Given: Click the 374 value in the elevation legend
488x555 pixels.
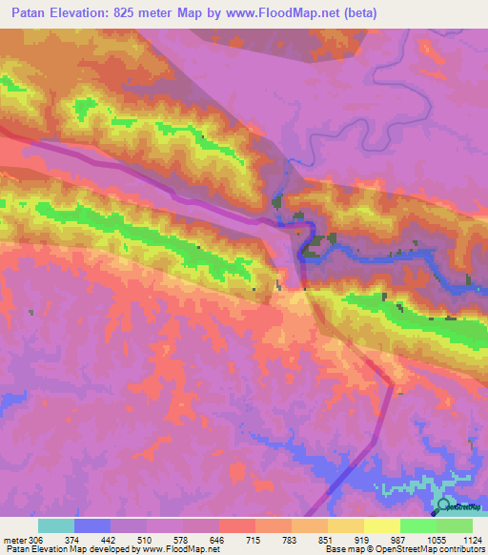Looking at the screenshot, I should coord(71,540).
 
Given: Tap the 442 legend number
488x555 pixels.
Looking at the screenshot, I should coord(108,540).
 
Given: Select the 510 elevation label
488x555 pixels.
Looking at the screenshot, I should coord(144,540).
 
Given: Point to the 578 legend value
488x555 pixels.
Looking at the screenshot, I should coord(180,540).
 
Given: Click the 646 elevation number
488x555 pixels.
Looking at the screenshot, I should coord(216,540).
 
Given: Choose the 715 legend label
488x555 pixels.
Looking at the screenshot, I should coord(254,540).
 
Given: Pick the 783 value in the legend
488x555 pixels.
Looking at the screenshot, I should coord(291,540).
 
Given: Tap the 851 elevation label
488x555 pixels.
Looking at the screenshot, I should coord(327,540).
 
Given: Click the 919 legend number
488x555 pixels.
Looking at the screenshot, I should coord(363,540).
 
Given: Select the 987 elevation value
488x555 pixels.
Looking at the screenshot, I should coord(399,540).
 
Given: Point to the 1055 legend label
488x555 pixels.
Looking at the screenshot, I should coord(436,540).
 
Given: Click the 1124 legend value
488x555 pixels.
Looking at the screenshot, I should coord(472,540).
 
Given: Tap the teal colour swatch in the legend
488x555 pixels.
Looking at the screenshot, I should coord(56,525).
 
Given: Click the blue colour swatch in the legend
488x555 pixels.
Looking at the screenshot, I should coord(92,525).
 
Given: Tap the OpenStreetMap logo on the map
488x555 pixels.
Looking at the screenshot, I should coord(444,505).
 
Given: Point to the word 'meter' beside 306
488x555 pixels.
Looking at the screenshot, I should coord(15,540).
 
